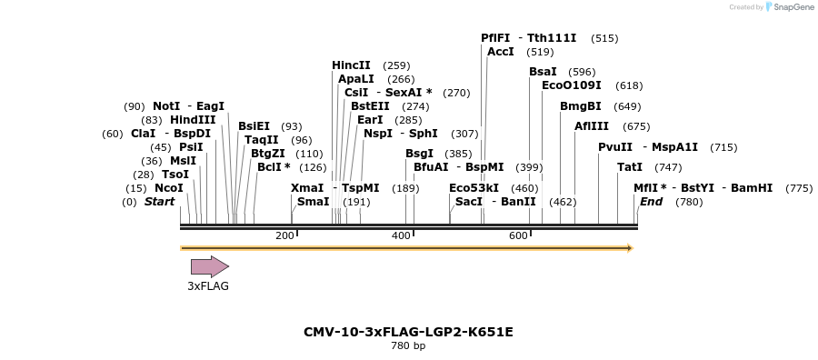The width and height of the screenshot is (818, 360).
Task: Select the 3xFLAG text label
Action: [x=208, y=285]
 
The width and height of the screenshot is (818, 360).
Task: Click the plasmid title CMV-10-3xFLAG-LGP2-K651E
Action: [x=414, y=332]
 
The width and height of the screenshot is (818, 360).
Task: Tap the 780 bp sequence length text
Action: [x=408, y=346]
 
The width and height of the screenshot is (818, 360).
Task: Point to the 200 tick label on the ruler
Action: [x=284, y=236]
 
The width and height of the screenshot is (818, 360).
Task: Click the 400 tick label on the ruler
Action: [x=401, y=236]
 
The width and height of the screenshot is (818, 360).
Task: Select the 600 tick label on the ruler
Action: [x=517, y=236]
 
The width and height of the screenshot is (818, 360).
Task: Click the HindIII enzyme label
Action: [x=193, y=120]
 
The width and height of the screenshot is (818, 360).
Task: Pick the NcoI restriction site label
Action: [x=169, y=188]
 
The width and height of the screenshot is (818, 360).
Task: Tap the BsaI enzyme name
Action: [x=544, y=72]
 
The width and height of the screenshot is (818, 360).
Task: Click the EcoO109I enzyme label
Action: [x=572, y=85]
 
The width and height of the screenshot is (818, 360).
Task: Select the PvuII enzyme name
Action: [x=615, y=147]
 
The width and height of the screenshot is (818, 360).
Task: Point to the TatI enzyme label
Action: [x=630, y=167]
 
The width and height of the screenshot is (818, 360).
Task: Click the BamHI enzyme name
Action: [x=752, y=188]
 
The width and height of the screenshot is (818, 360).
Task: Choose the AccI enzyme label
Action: [x=501, y=52]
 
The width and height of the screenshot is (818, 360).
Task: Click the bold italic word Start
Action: [x=159, y=202]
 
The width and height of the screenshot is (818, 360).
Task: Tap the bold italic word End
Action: [x=651, y=202]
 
